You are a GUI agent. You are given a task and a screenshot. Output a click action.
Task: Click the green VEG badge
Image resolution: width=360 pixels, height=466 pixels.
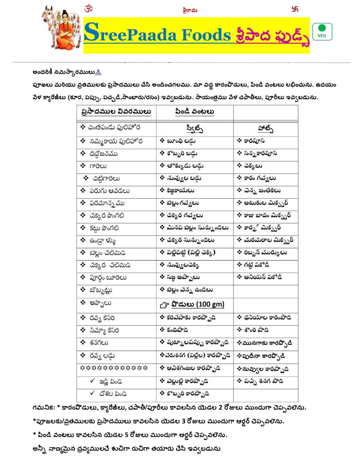click(322, 31)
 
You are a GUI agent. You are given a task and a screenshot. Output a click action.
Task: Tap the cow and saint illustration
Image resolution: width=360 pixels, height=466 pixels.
click(61, 28)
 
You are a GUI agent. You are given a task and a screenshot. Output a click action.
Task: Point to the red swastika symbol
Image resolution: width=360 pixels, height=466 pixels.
click(299, 8)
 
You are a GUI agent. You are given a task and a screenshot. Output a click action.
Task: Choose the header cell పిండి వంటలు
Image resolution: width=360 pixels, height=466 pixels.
click(194, 111)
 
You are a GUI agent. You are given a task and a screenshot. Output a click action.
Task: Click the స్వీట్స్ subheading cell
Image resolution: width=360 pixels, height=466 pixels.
click(195, 127)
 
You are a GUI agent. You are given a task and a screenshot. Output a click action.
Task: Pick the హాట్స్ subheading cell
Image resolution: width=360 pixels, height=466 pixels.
click(265, 127)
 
